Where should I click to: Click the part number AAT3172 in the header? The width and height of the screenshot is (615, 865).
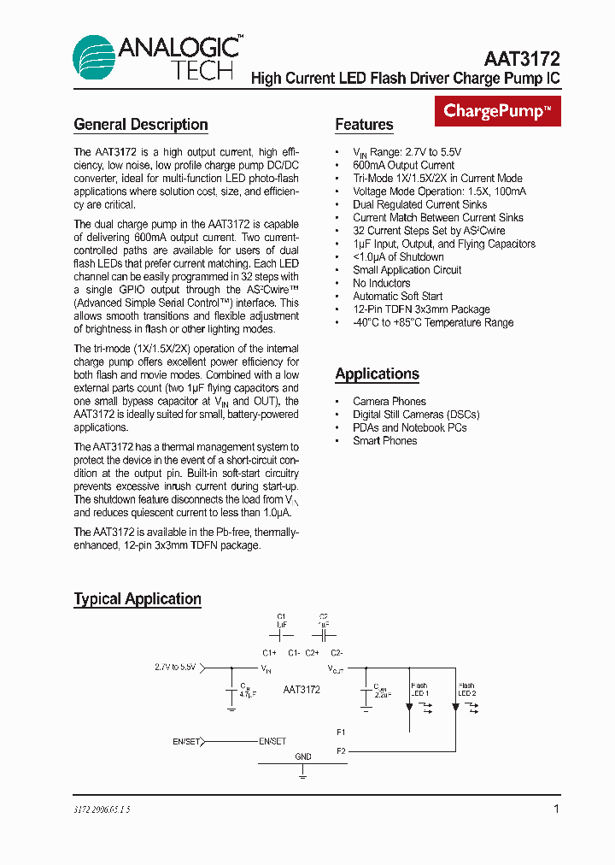pyautogui.click(x=522, y=59)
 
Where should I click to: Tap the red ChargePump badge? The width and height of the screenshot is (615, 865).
pyautogui.click(x=498, y=111)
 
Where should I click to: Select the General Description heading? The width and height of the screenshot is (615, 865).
pyautogui.click(x=141, y=125)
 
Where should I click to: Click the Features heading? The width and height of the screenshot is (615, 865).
pyautogui.click(x=364, y=125)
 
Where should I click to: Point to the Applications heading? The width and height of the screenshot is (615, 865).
pyautogui.click(x=377, y=374)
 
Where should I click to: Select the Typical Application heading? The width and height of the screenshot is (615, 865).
pyautogui.click(x=138, y=599)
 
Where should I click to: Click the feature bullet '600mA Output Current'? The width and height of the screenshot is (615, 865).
pyautogui.click(x=403, y=165)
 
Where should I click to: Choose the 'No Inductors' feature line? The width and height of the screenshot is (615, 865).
pyautogui.click(x=381, y=283)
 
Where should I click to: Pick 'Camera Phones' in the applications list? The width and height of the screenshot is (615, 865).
pyautogui.click(x=389, y=402)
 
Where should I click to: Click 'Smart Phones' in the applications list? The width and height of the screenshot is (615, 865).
pyautogui.click(x=384, y=441)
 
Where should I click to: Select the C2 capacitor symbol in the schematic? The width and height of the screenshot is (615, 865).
pyautogui.click(x=324, y=636)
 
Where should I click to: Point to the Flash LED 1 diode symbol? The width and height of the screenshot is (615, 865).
pyautogui.click(x=409, y=706)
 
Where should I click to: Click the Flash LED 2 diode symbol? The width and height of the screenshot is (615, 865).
pyautogui.click(x=457, y=706)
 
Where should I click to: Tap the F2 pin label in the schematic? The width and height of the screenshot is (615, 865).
pyautogui.click(x=341, y=751)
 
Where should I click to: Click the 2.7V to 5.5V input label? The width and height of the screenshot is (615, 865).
pyautogui.click(x=175, y=667)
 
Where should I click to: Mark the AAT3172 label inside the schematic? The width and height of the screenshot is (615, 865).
pyautogui.click(x=302, y=690)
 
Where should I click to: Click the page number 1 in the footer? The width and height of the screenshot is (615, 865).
pyautogui.click(x=556, y=809)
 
